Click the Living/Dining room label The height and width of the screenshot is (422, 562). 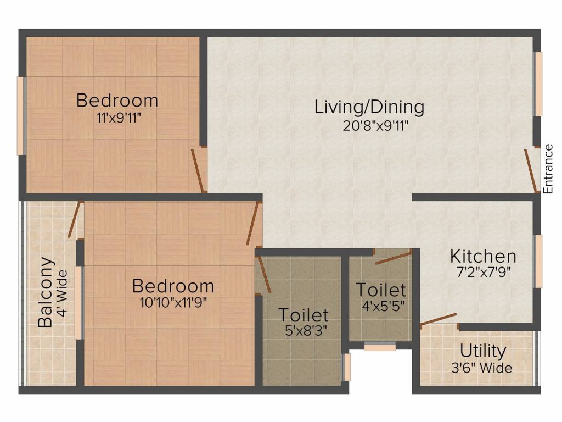coord(369,107)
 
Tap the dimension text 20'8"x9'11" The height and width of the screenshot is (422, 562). coord(369,125)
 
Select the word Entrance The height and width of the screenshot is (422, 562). coord(547,169)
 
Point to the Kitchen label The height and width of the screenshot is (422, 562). coord(483,256)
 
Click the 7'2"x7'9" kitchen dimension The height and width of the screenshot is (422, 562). coord(483,273)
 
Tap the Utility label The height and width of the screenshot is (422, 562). coord(483,351)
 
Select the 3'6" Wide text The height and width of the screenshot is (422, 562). coord(483,368)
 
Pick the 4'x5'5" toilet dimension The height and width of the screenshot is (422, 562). coord(381,306)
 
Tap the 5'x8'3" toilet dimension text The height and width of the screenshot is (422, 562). coord(303,332)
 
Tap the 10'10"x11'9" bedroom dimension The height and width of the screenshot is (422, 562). coord(173,302)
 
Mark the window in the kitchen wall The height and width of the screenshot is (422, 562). coord(539,261)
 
